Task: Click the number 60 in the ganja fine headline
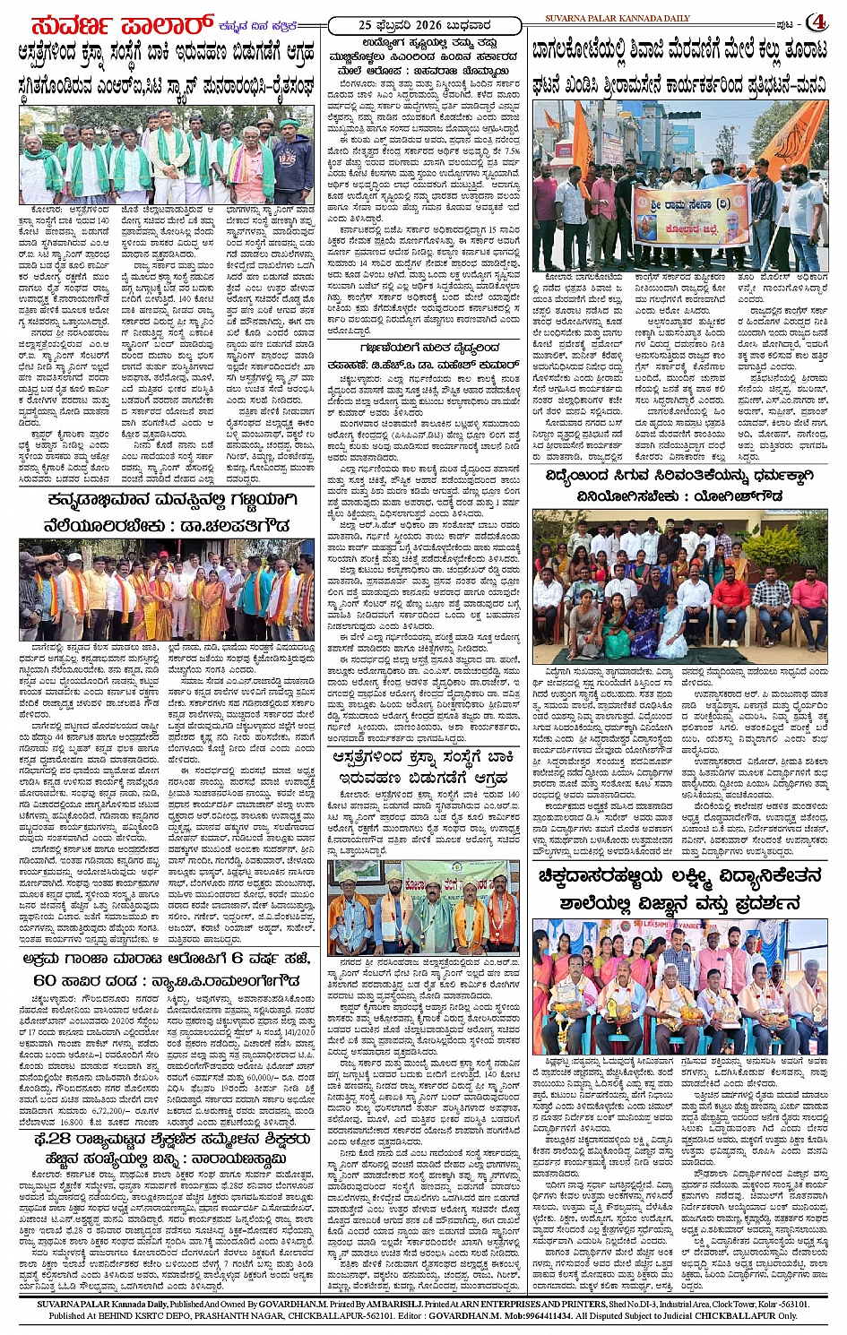click(44, 979)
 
